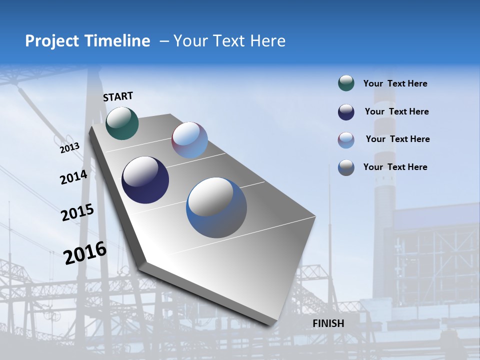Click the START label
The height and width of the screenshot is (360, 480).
tap(118, 96)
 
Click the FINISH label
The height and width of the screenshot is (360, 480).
tap(328, 323)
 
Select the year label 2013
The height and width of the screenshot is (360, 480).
tap(70, 148)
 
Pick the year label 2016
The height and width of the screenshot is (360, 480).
tap(85, 253)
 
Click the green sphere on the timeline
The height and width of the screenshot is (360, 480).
tap(122, 123)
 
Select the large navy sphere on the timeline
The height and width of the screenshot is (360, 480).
tap(145, 180)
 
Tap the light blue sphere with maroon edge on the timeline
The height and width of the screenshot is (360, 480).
tap(189, 140)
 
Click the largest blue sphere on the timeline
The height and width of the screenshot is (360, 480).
tap(216, 207)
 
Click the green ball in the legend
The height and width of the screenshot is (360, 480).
tap(346, 83)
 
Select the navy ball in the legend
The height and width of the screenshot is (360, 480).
tap(346, 112)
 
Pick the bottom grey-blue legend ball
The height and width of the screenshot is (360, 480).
tap(346, 167)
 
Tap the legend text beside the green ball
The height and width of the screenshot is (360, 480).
tap(395, 84)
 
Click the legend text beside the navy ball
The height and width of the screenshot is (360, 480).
tap(396, 112)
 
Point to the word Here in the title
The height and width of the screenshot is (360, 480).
tap(267, 41)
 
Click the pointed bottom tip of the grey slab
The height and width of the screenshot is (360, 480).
tap(270, 325)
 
